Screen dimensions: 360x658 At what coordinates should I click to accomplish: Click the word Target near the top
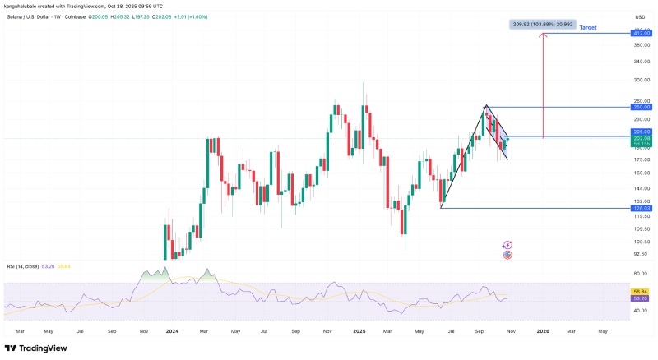(588, 28)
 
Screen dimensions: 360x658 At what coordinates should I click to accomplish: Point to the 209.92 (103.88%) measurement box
(541, 25)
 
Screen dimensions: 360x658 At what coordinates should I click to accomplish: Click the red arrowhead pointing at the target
(543, 36)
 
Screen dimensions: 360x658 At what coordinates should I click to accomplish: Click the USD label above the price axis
(640, 16)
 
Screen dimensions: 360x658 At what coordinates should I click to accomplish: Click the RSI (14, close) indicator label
(22, 265)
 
